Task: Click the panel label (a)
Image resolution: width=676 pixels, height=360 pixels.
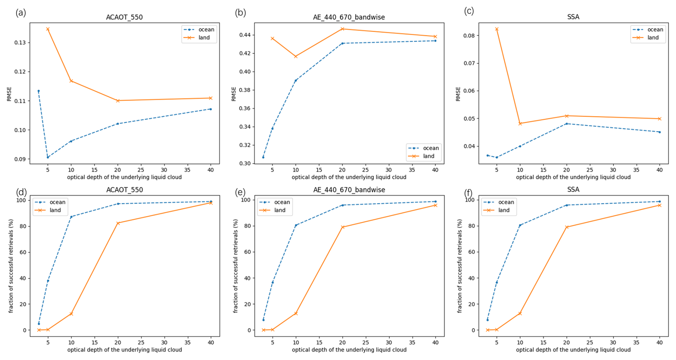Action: click(x=21, y=13)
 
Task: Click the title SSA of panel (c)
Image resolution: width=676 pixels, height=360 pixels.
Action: click(x=573, y=17)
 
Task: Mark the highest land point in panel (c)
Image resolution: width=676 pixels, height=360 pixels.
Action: click(x=497, y=29)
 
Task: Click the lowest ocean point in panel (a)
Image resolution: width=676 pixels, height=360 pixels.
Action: click(x=48, y=157)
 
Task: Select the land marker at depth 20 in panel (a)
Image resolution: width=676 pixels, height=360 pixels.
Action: click(x=118, y=101)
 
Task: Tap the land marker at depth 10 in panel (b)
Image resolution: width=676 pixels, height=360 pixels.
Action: click(x=295, y=56)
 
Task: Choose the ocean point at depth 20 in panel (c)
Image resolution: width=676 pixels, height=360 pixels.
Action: click(x=567, y=124)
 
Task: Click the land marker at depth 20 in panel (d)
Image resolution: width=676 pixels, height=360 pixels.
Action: click(x=118, y=223)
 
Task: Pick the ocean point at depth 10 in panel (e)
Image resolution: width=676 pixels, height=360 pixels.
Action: click(x=296, y=225)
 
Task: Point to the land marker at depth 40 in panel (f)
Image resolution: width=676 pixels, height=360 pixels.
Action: click(x=660, y=205)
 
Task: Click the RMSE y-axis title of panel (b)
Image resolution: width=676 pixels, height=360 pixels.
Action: click(x=234, y=94)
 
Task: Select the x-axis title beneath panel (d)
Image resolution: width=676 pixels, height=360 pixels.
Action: click(x=124, y=350)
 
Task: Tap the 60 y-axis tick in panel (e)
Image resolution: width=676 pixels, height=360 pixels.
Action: click(x=247, y=252)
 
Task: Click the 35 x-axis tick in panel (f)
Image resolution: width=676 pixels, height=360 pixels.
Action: click(x=636, y=342)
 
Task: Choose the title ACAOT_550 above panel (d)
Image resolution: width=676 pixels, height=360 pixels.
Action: click(x=124, y=190)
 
